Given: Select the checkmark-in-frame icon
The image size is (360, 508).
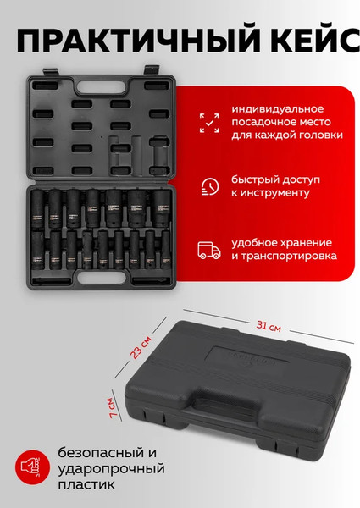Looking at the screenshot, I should click(208, 122).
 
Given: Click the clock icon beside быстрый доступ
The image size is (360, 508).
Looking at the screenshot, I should click(208, 186).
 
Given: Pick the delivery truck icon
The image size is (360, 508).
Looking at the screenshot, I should click(208, 248).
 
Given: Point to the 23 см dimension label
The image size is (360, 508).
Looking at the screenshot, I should click(144, 347).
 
